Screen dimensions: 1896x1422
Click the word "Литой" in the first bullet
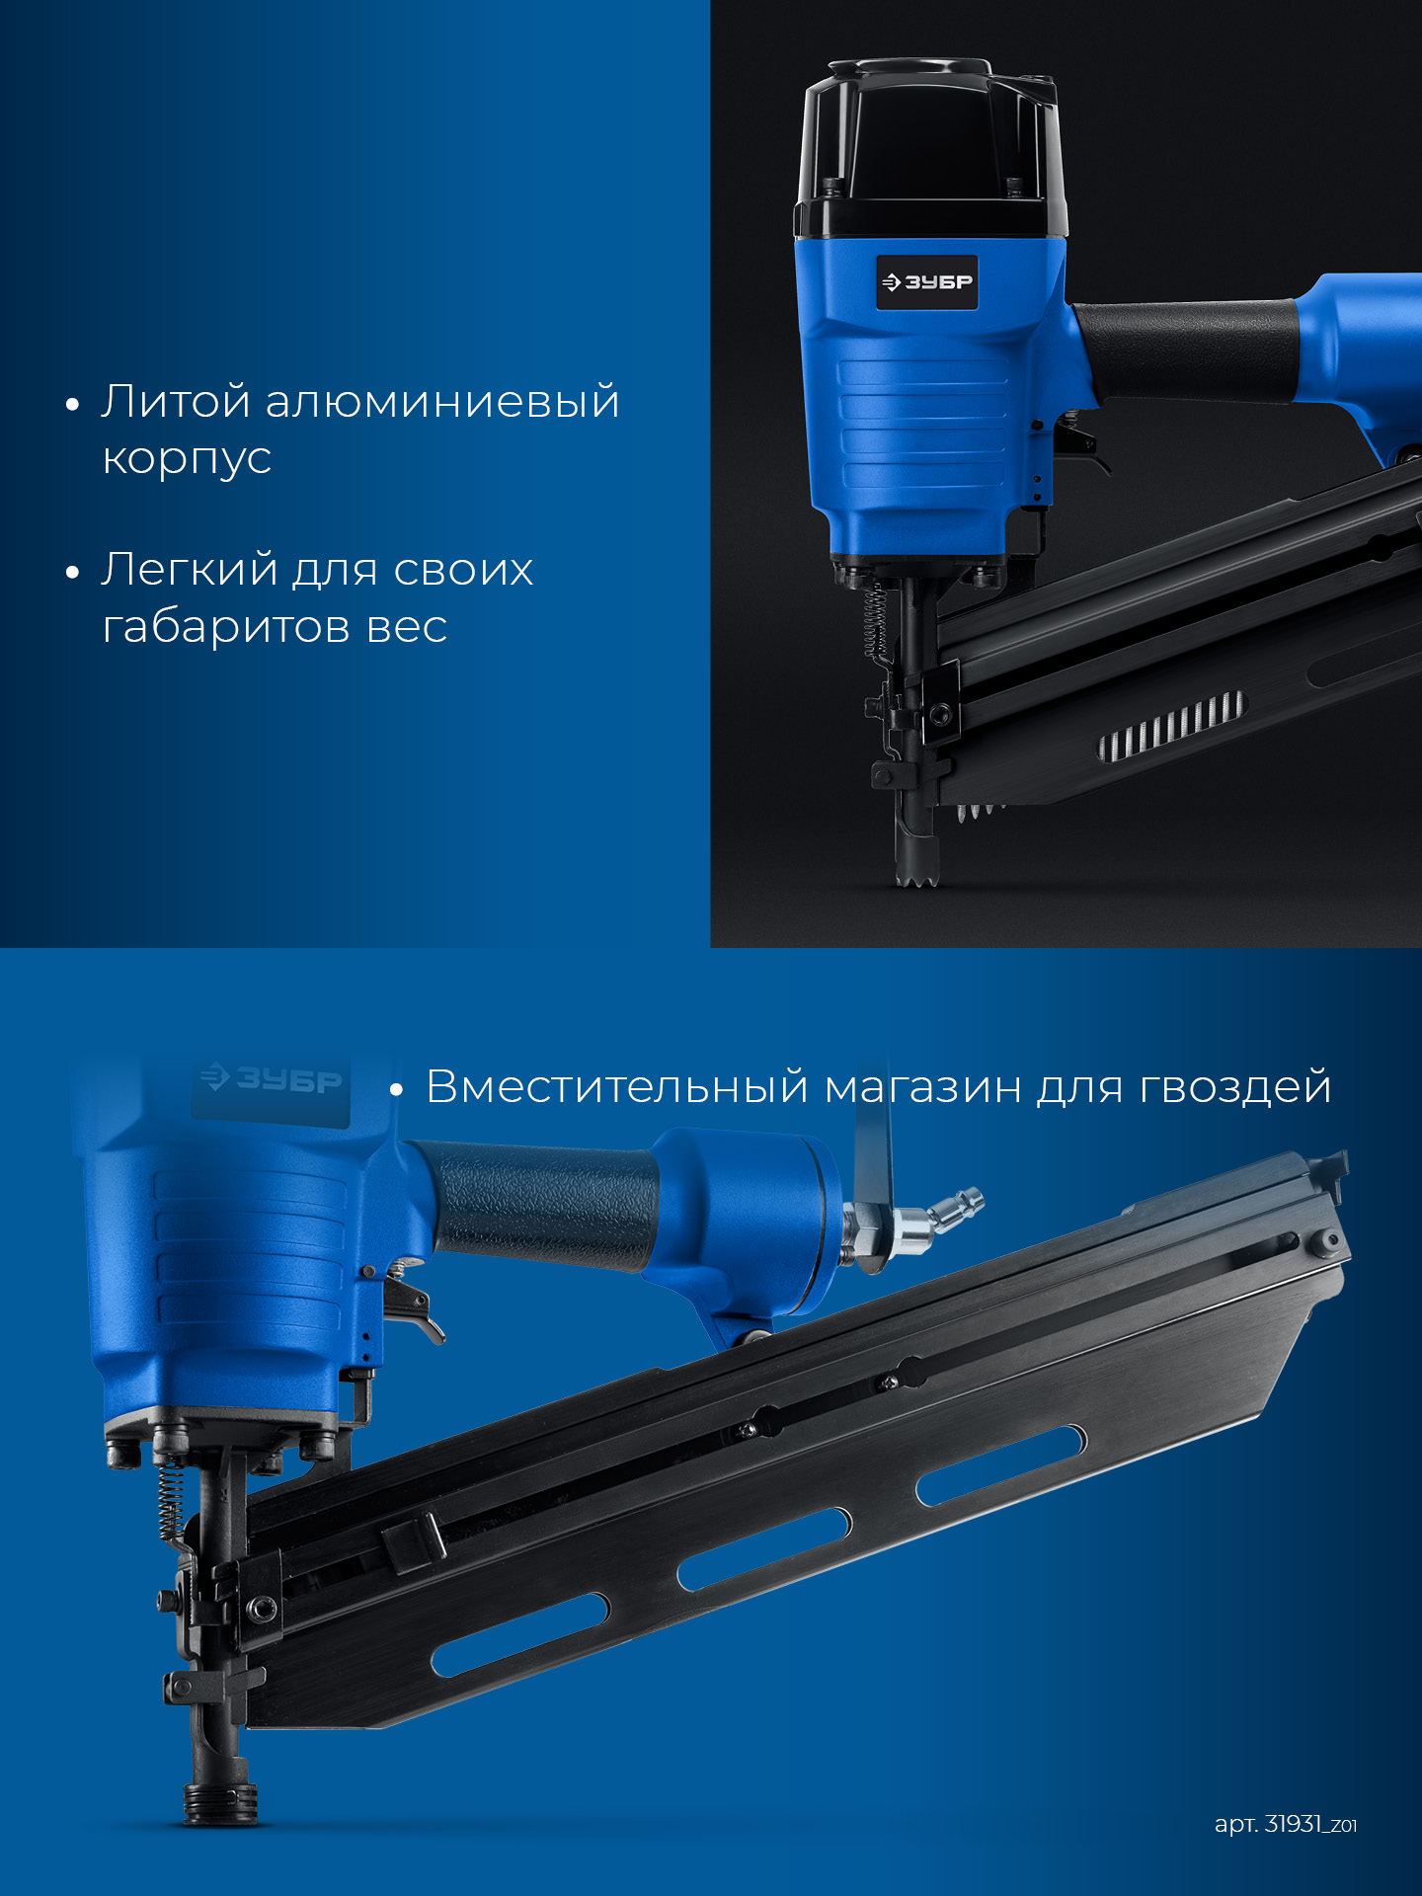point(175,402)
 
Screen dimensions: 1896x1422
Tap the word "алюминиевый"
point(442,402)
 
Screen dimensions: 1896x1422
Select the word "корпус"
point(187,458)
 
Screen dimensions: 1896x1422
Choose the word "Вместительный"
point(617,1086)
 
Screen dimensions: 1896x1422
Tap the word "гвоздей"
point(1235,1088)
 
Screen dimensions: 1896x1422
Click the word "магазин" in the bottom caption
point(922,1087)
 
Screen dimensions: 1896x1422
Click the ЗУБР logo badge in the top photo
point(927,282)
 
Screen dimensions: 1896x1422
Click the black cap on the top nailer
point(928,148)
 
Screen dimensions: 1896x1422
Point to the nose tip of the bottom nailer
point(220,1802)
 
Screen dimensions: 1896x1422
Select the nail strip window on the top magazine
point(1172,726)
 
